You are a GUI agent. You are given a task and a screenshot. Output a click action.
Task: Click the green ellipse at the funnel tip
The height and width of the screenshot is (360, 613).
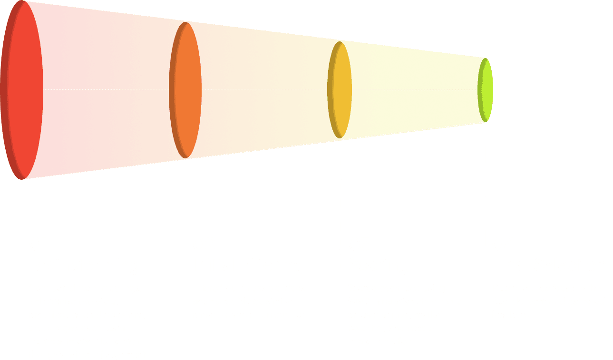(486, 90)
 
